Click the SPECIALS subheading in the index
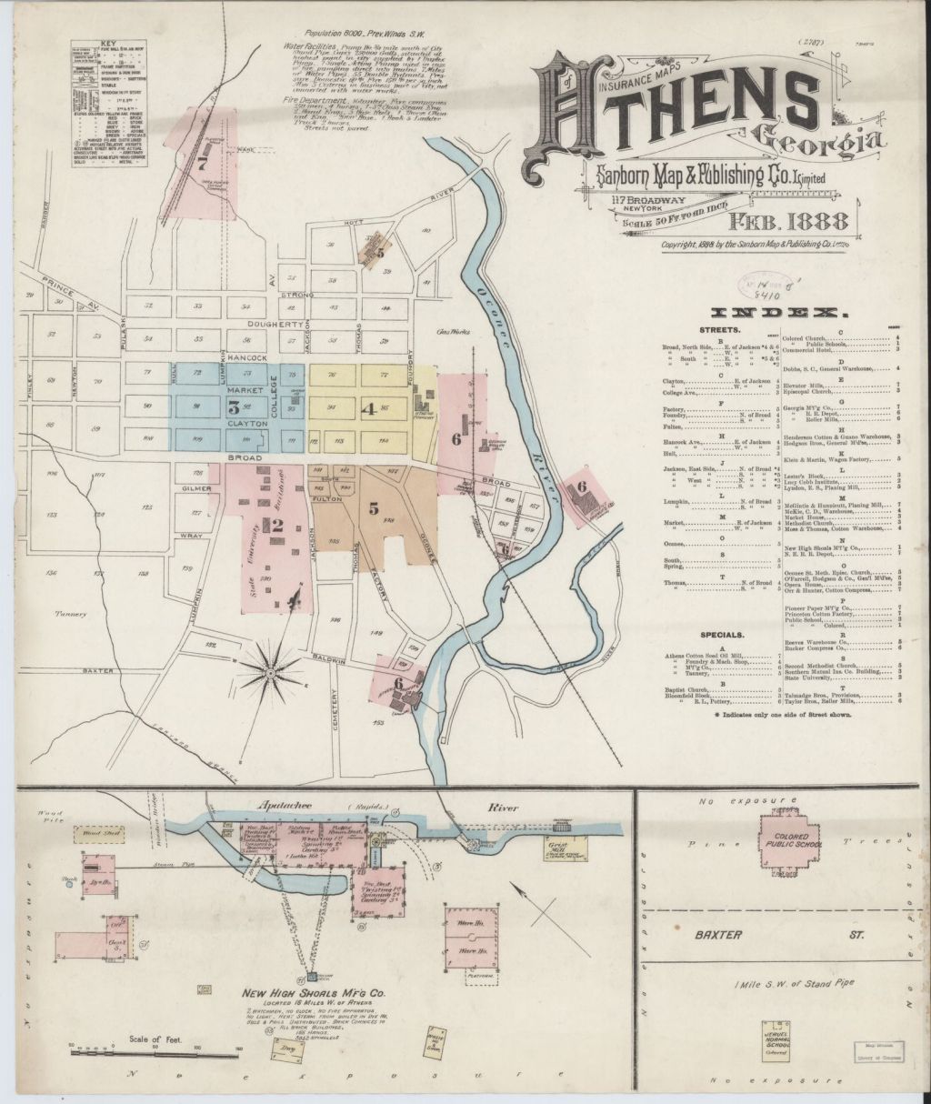tap(724, 634)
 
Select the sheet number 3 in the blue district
tap(234, 406)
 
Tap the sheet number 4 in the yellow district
tap(367, 408)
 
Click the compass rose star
tap(270, 673)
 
